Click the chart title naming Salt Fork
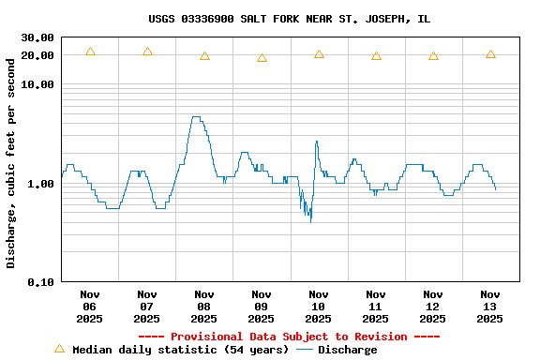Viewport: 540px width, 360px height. [x=289, y=19]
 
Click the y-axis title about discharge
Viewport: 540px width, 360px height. [x=11, y=160]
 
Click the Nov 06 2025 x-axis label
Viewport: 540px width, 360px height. [x=90, y=307]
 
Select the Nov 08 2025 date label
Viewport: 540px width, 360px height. [x=204, y=307]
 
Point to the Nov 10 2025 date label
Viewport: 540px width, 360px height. [x=319, y=307]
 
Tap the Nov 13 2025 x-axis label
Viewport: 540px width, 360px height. [x=490, y=307]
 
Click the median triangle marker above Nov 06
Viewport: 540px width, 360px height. [x=90, y=52]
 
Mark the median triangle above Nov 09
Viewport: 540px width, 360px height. [x=262, y=58]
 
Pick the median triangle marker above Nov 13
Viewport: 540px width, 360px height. [x=490, y=54]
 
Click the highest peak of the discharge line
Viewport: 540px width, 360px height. [x=195, y=117]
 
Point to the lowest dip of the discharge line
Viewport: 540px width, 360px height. [x=310, y=221]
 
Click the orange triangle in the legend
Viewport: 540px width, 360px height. [x=60, y=349]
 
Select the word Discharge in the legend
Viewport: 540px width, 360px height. [x=347, y=350]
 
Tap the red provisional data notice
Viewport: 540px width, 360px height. [x=289, y=337]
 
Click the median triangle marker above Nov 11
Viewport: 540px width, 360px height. [x=376, y=56]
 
